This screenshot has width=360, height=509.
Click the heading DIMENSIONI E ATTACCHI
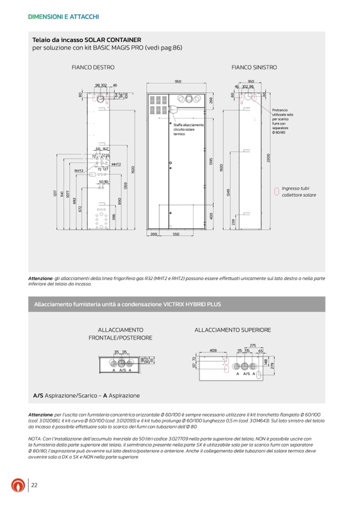coord(63,17)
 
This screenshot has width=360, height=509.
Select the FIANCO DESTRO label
coord(93,67)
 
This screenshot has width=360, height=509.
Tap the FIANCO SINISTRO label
coord(254,67)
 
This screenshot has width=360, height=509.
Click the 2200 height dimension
coord(269,158)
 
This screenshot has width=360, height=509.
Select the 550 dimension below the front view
coord(176,234)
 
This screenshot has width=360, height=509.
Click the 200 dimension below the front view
coord(153,234)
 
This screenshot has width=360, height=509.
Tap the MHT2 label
coord(116,164)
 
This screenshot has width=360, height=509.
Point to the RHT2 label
coord(80,170)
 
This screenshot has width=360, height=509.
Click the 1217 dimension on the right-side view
coord(55,195)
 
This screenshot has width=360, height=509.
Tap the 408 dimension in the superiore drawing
coord(212,351)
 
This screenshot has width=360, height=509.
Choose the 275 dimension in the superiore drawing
coord(253,346)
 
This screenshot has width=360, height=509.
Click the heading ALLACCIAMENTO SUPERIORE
coord(233,330)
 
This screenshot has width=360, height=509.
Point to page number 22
coord(34,485)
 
